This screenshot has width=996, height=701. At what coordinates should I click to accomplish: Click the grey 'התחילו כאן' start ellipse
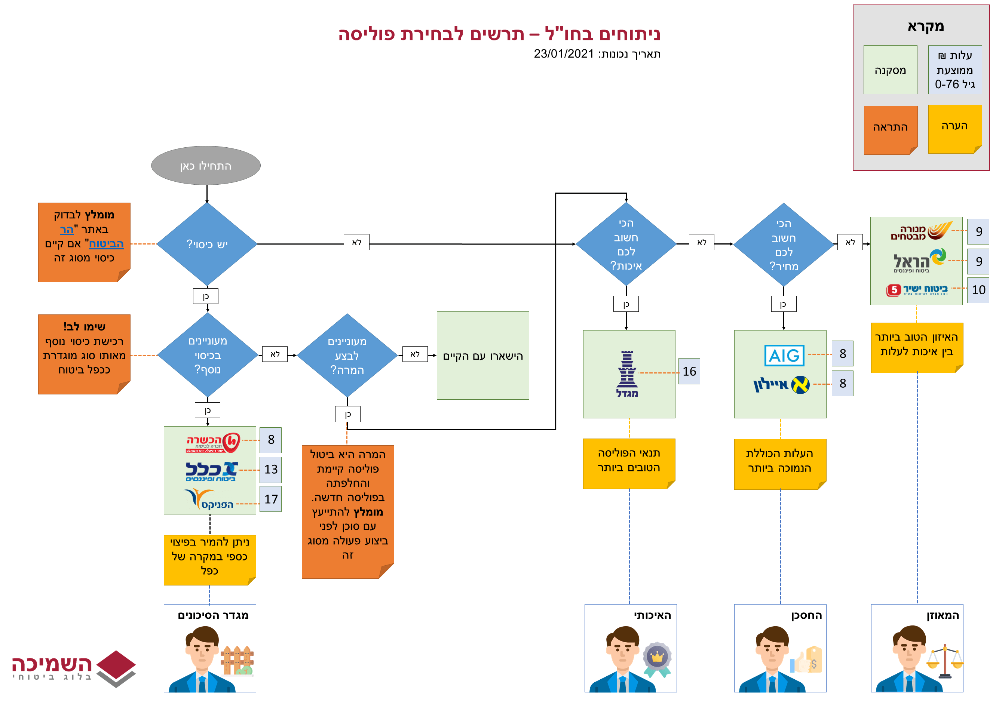click(x=206, y=166)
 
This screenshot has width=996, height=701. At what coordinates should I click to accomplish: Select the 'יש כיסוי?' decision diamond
click(x=207, y=244)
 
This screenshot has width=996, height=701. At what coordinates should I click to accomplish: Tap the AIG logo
click(x=784, y=356)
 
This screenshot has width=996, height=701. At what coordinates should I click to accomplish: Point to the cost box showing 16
click(x=689, y=372)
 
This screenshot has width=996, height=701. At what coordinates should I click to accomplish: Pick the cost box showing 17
click(x=271, y=499)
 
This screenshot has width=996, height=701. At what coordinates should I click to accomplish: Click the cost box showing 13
click(x=271, y=470)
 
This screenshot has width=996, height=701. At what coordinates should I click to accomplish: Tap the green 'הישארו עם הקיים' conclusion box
click(x=483, y=356)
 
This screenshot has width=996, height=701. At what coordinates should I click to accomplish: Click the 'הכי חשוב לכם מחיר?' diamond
click(x=784, y=245)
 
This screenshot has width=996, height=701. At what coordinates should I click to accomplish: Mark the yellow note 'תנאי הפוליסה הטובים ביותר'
click(x=629, y=463)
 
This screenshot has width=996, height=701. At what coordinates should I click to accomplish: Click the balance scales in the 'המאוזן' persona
click(x=945, y=661)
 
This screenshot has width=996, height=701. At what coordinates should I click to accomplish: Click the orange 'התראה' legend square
click(x=890, y=130)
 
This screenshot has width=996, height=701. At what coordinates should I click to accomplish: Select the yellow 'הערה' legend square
click(x=954, y=129)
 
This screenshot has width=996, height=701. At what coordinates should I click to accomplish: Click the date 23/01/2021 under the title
click(x=564, y=54)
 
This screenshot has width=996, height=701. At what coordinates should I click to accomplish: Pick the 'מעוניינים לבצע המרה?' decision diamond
click(x=347, y=356)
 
